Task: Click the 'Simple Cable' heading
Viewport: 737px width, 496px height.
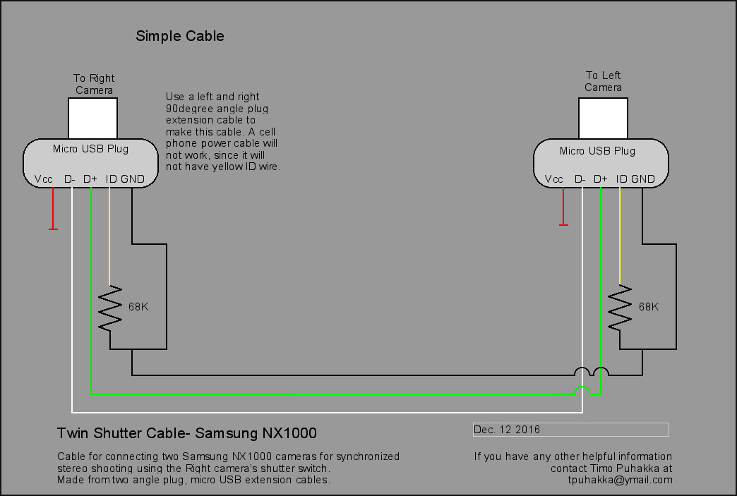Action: (x=180, y=36)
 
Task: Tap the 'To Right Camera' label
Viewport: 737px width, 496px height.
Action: (x=94, y=84)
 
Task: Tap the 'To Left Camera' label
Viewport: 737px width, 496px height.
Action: (x=603, y=81)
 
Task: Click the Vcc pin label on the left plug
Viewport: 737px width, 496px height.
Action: (x=44, y=179)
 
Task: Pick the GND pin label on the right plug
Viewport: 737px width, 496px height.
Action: (x=643, y=179)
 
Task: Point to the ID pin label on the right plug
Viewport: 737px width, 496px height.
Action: (x=622, y=179)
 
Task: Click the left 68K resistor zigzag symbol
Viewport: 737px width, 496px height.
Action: (x=110, y=308)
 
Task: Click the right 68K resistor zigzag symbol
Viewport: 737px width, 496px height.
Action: (x=620, y=308)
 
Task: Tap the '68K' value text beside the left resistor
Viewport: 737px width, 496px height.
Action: (x=138, y=308)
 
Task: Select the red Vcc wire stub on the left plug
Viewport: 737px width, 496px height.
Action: (x=53, y=207)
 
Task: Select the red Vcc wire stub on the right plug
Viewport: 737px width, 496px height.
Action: (x=563, y=205)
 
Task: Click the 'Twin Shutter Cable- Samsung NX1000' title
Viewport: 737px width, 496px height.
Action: (x=186, y=433)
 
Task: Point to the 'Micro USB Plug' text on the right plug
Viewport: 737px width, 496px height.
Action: (x=597, y=150)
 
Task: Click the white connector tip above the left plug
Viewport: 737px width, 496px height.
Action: (x=92, y=119)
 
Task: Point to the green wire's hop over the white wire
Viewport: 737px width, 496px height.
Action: (x=582, y=391)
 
